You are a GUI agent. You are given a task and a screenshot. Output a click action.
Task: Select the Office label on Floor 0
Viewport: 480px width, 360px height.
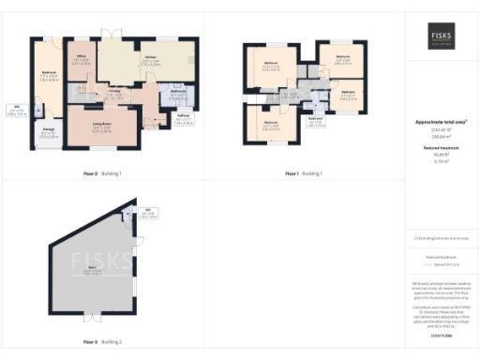tap(82, 59)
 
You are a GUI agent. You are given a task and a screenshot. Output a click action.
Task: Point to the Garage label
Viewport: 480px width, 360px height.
tap(47, 134)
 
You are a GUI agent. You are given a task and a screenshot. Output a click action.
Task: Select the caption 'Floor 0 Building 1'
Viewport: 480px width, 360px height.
tap(103, 174)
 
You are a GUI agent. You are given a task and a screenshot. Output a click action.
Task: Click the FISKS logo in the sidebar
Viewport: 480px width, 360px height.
tap(442, 34)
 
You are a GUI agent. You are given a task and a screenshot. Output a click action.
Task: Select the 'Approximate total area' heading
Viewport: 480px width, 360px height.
tap(442, 123)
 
